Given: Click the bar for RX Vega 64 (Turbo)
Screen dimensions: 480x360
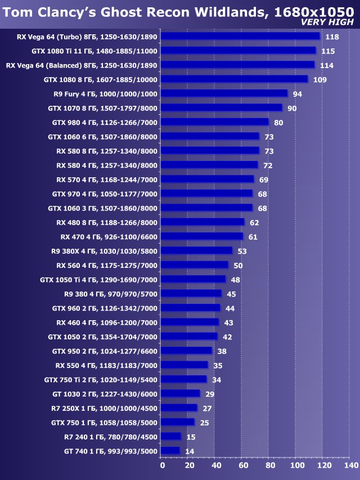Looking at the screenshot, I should point(240,37).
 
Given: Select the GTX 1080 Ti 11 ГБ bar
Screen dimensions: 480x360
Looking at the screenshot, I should point(238,51).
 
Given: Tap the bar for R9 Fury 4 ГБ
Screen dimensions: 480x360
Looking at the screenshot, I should point(224,93).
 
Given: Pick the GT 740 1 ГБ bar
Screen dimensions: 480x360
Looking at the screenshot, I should point(170,451).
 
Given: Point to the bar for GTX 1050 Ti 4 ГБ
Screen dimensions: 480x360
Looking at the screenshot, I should point(193,279).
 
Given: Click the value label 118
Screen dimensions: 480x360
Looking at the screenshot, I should point(332,37).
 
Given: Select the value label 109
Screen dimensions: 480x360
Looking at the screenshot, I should point(319,79).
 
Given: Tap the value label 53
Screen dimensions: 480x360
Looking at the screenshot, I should point(242,250).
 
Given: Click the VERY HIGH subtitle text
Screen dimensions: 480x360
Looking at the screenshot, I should point(327,22).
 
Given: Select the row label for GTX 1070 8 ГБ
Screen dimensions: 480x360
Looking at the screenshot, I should point(102,107).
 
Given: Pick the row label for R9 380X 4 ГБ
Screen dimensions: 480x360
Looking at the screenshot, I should point(103,250).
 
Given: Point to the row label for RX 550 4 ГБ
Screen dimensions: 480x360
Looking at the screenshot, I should point(106,365).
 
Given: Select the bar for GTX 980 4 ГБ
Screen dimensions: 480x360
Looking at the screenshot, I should point(214,122).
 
